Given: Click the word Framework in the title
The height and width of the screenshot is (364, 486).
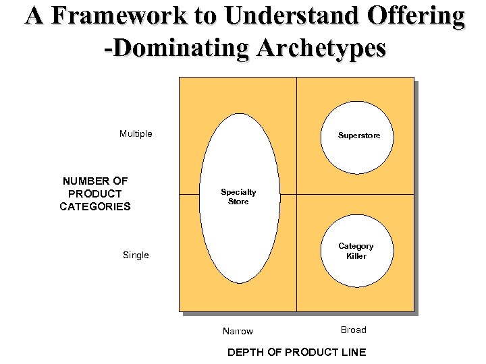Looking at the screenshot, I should pyautogui.click(x=115, y=16).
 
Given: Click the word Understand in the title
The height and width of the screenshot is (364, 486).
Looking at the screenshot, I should pyautogui.click(x=277, y=16).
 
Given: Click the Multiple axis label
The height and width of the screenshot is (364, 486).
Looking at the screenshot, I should pyautogui.click(x=136, y=133).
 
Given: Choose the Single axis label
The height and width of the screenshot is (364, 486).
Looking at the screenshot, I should pyautogui.click(x=136, y=255).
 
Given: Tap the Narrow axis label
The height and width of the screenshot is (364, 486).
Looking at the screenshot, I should pyautogui.click(x=238, y=331).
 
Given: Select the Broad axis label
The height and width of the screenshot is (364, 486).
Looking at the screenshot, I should pyautogui.click(x=353, y=330).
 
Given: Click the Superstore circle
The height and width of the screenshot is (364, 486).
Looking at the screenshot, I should pyautogui.click(x=358, y=135).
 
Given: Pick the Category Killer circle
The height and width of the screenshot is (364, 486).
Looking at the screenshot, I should pyautogui.click(x=356, y=251).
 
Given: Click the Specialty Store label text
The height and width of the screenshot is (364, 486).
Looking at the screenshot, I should pyautogui.click(x=238, y=197).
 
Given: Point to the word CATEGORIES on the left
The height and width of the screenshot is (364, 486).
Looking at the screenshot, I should pyautogui.click(x=95, y=207).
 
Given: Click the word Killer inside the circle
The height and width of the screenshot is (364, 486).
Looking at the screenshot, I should pyautogui.click(x=356, y=256).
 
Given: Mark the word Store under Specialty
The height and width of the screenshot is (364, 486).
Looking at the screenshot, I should pyautogui.click(x=238, y=202).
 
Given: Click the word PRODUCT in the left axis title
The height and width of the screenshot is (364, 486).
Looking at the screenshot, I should pyautogui.click(x=95, y=193).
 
